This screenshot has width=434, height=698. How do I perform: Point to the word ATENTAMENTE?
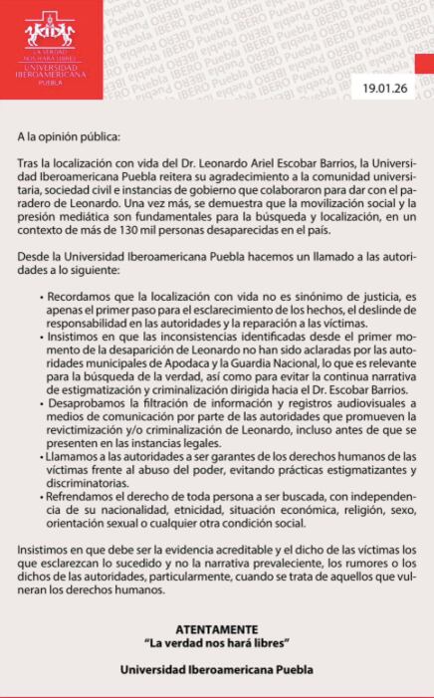coord(216,630)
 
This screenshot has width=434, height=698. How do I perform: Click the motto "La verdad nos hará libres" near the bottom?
coord(216,644)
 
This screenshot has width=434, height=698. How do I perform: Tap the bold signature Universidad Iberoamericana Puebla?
coord(216,670)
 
